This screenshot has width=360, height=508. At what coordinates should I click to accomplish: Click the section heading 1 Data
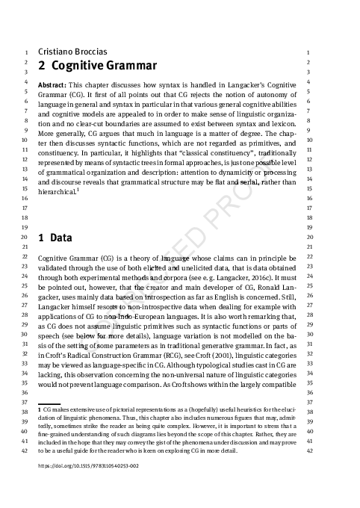55,240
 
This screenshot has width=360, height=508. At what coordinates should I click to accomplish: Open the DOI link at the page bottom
88,465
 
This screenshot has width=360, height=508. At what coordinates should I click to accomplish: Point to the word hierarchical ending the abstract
56,192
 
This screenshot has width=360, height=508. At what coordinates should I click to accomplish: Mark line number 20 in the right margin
308,237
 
